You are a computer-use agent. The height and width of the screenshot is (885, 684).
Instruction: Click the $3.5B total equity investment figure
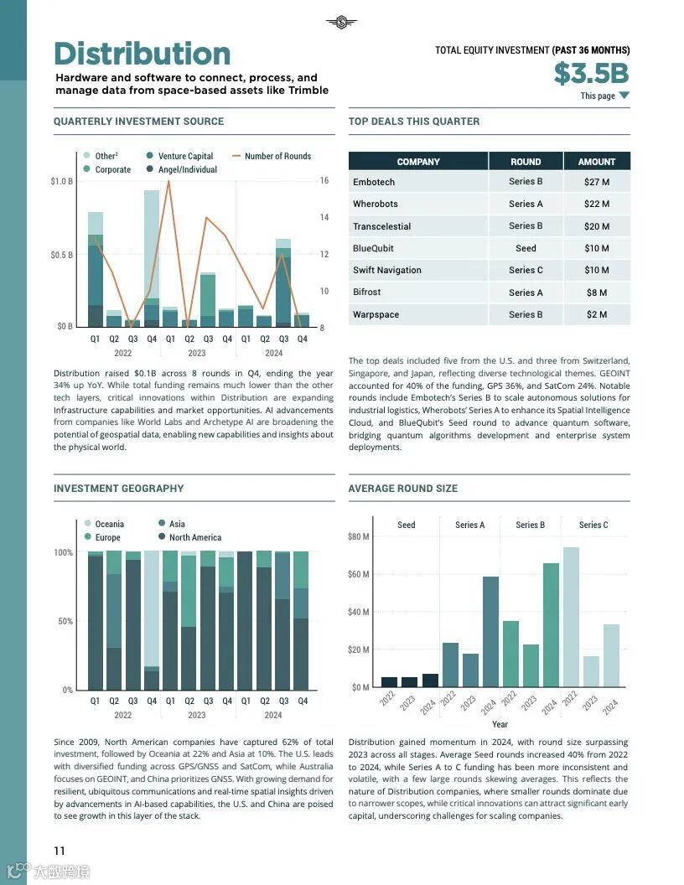pos(591,74)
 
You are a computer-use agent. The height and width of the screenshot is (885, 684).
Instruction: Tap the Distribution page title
pos(142,54)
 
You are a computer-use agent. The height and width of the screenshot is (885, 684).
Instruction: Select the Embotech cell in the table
pos(374,182)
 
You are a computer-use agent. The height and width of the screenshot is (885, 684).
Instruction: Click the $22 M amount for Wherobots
pos(597,204)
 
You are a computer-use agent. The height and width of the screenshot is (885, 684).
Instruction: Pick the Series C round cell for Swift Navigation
pos(526,270)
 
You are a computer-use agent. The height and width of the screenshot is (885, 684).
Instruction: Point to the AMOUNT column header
pos(597,162)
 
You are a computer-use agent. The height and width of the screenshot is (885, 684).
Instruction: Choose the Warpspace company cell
pos(376,314)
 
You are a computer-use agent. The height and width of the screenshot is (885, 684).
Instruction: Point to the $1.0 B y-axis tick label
pos(61,181)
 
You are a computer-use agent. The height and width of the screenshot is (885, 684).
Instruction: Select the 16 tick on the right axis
pos(324,181)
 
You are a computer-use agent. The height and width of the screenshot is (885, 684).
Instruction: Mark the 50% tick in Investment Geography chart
pos(63,621)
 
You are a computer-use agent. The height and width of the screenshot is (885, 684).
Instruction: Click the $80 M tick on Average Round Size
pos(358,536)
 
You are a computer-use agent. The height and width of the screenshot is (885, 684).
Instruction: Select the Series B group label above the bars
pos(530,525)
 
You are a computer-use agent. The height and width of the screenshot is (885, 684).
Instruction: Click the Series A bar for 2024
pos(490,631)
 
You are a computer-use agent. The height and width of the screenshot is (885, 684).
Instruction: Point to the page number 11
pos(60,851)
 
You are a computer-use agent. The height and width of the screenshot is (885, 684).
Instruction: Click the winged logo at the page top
pos(341,22)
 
